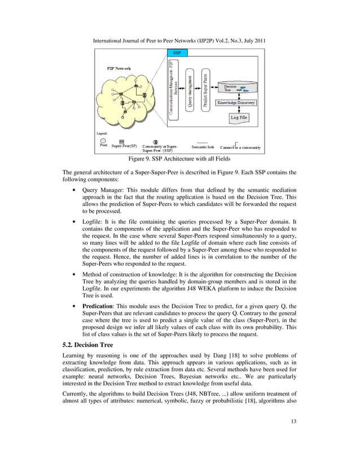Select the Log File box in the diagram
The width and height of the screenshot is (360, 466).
point(238,117)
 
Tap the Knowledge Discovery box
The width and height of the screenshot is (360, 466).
point(238,103)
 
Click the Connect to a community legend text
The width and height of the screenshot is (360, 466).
point(240,147)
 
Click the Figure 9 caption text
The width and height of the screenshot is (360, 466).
point(180,159)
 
